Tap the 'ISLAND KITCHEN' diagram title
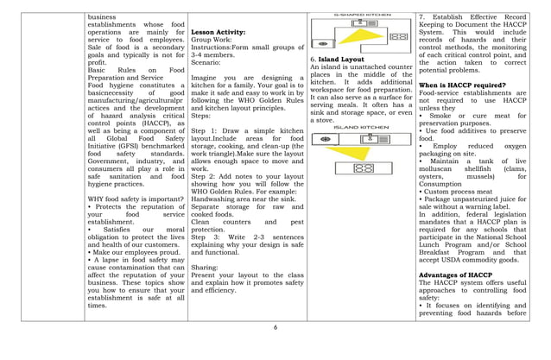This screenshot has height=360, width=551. click(360, 126)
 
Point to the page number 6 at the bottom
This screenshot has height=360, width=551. click(275, 327)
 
